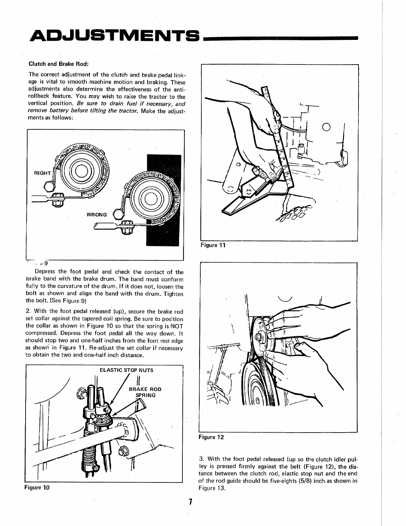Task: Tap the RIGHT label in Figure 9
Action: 43,173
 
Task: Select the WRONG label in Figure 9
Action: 97,214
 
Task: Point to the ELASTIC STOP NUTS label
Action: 127,370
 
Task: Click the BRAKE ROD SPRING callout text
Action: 145,392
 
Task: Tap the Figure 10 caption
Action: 37,488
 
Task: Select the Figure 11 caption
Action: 213,245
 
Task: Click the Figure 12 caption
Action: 211,437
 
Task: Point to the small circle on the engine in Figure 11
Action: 326,127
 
